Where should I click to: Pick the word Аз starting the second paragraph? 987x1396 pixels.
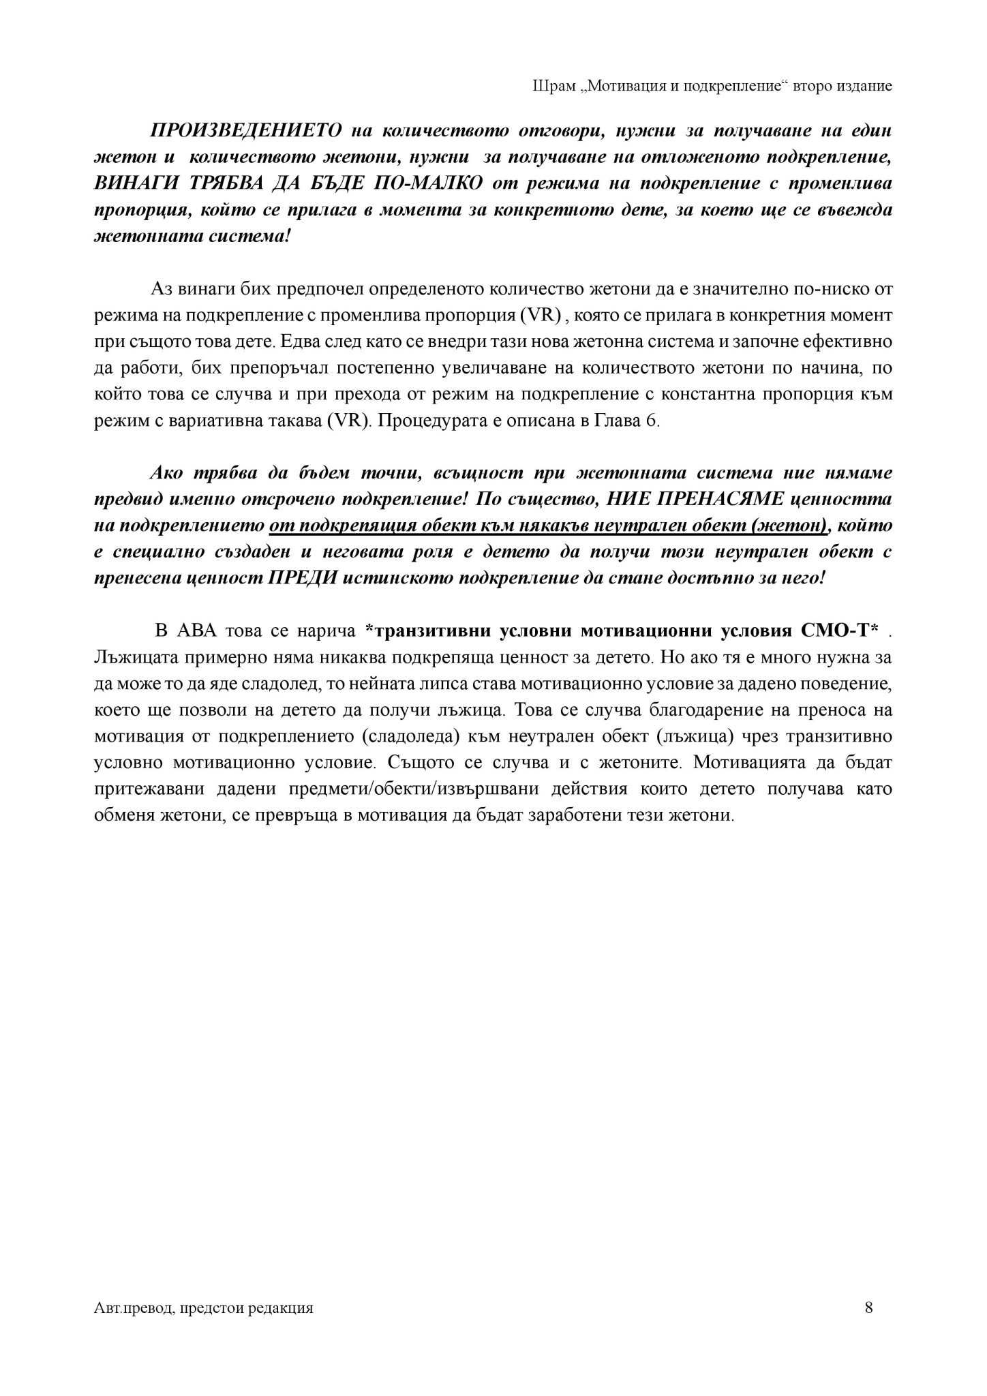tap(162, 289)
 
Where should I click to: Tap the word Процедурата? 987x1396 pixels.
tap(425, 421)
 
